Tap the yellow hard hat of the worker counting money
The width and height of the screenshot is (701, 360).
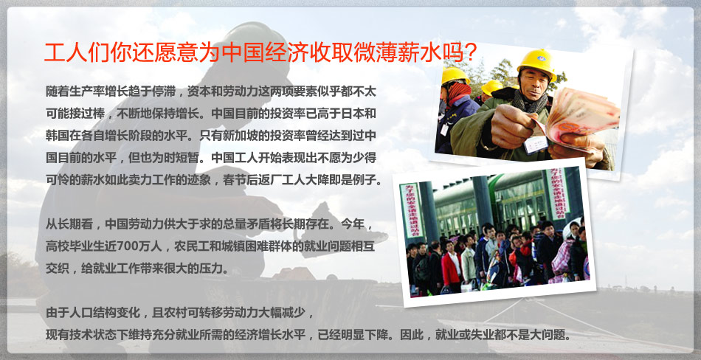tap(536, 63)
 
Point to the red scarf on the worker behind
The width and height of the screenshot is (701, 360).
tap(459, 91)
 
